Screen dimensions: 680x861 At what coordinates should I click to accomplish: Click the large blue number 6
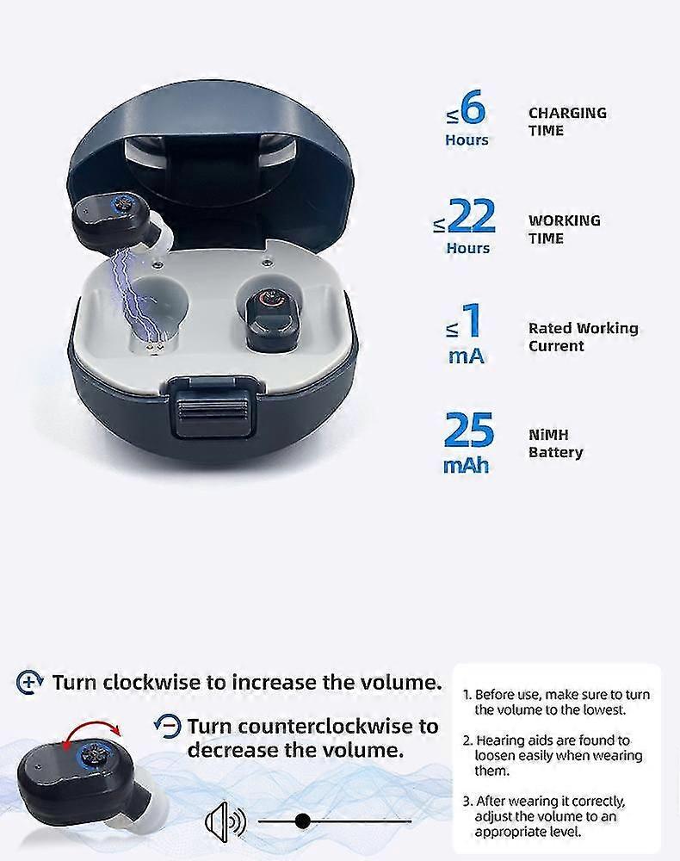(473, 108)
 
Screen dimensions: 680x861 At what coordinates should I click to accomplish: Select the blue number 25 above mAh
(469, 430)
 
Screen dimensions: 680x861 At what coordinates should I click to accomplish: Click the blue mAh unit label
(466, 466)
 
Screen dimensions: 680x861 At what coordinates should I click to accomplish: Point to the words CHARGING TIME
(567, 121)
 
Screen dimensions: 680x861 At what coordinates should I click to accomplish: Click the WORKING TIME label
(564, 229)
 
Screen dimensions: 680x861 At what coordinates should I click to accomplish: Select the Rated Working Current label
(583, 337)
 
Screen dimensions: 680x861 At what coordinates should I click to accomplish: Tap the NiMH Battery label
(555, 443)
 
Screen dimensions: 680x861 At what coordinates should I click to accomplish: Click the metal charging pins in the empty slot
(153, 348)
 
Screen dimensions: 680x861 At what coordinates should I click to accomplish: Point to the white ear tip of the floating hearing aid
(163, 234)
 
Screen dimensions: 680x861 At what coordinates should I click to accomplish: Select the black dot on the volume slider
(302, 821)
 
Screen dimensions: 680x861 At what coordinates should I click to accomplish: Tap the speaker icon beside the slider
(225, 822)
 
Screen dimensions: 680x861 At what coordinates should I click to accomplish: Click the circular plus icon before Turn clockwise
(29, 683)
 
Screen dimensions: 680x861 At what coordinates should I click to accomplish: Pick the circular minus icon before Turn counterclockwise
(167, 726)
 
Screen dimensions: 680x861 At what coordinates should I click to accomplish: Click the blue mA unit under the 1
(466, 356)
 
